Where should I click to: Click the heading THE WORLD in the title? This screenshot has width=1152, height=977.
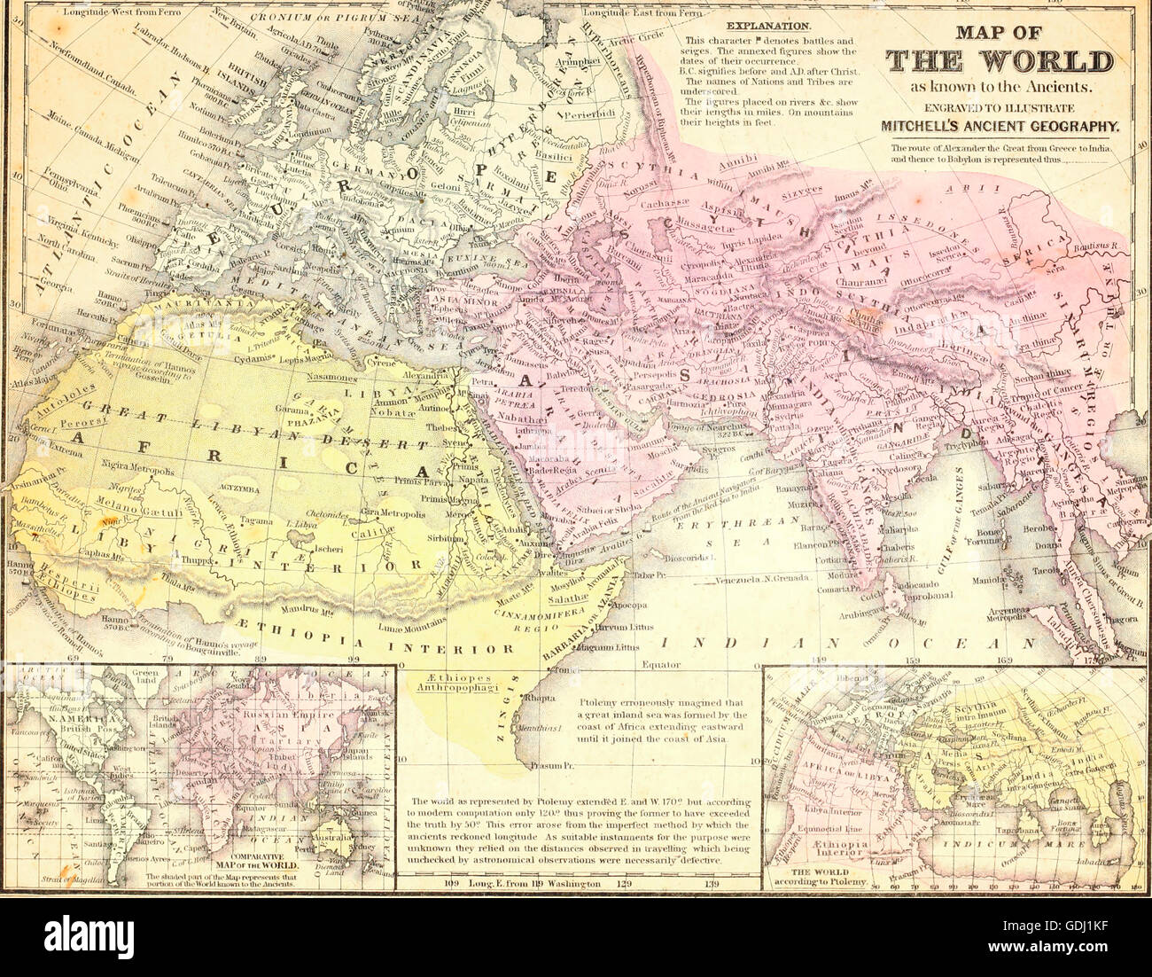1000,61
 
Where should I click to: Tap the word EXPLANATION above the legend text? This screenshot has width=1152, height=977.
767,27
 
